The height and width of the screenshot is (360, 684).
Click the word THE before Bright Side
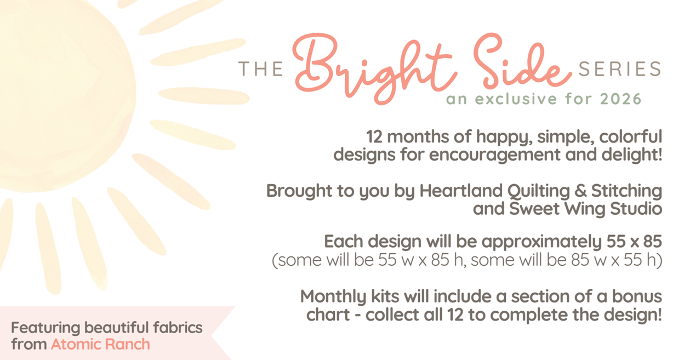click(x=260, y=68)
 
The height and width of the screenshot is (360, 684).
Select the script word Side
click(x=522, y=61)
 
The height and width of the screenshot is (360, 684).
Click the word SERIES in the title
click(x=619, y=68)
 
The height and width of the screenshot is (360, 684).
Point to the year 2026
click(x=620, y=99)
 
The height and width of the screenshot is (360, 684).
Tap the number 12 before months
click(x=374, y=137)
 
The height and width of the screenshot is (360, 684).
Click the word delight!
click(x=631, y=154)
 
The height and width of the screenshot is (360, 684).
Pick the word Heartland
click(x=461, y=191)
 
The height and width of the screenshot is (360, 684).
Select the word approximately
click(x=541, y=242)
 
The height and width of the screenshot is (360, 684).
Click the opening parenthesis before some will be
click(x=275, y=260)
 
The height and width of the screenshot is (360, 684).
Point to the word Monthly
click(x=333, y=297)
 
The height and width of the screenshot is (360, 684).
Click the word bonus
click(x=637, y=296)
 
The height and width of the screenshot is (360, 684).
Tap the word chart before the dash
click(x=328, y=315)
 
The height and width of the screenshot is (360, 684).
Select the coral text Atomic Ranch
click(x=100, y=344)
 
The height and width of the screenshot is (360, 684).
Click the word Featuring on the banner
click(x=45, y=328)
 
